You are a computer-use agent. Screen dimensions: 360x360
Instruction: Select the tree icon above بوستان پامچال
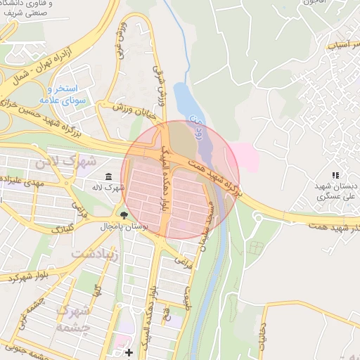(124, 215)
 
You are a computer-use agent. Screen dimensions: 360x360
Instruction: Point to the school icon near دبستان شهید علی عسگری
(335, 175)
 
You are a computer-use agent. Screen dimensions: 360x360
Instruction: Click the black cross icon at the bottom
(128, 352)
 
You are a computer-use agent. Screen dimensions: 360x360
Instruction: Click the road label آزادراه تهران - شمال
(42, 66)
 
